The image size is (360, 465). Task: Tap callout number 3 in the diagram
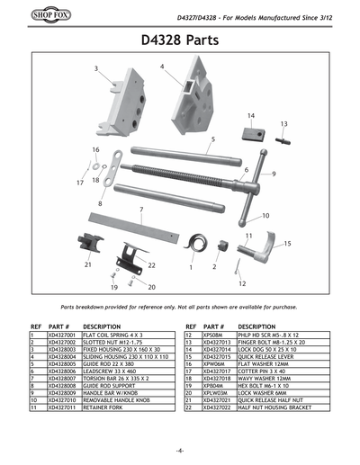96,68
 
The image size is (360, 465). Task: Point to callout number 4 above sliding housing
162,66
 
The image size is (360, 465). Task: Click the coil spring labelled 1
193,244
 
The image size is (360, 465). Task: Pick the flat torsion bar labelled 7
133,225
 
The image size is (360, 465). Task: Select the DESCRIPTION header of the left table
102,326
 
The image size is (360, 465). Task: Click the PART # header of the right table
217,326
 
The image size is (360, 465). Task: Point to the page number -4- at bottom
180,450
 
